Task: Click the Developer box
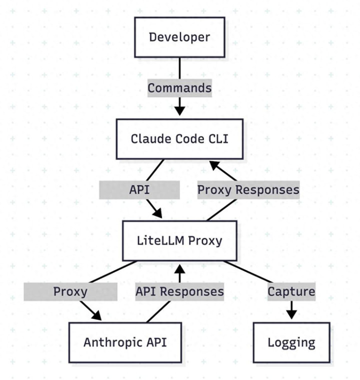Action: pos(179,37)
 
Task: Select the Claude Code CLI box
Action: pos(179,139)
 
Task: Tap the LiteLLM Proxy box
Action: pos(179,240)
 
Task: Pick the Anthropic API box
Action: pos(125,342)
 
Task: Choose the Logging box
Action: pos(291,342)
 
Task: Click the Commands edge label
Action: pos(179,88)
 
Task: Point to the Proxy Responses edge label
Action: pos(248,190)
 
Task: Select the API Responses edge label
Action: pos(179,291)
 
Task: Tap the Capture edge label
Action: pos(291,291)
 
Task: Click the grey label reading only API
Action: pos(139,190)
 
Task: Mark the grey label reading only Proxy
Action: pos(70,291)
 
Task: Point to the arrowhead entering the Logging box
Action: pos(291,315)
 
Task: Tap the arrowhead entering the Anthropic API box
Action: pos(95,316)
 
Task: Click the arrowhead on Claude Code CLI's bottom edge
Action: pos(214,165)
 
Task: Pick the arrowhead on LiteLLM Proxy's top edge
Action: pos(156,214)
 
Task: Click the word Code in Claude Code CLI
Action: pos(186,139)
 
